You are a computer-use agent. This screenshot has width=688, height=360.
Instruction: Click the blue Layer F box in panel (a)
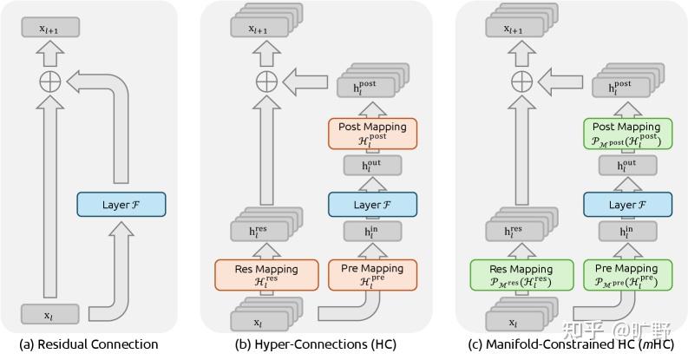[121, 204]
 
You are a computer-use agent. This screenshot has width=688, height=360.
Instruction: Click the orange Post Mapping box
[372, 134]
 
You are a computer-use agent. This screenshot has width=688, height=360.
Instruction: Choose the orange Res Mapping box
[266, 275]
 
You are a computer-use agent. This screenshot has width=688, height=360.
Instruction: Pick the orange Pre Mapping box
[372, 275]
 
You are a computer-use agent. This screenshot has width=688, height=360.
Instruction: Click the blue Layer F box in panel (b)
[372, 204]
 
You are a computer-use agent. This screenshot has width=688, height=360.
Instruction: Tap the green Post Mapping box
[627, 134]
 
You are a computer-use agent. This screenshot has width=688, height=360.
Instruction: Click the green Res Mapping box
[521, 275]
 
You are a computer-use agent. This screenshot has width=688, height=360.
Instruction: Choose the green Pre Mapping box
[627, 275]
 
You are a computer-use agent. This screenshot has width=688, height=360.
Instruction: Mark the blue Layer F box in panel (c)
[627, 204]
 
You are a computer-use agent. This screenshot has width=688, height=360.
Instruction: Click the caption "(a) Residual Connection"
[88, 344]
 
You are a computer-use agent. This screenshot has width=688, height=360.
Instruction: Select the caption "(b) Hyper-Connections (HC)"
[316, 344]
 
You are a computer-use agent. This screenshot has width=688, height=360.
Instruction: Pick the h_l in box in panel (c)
[627, 233]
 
